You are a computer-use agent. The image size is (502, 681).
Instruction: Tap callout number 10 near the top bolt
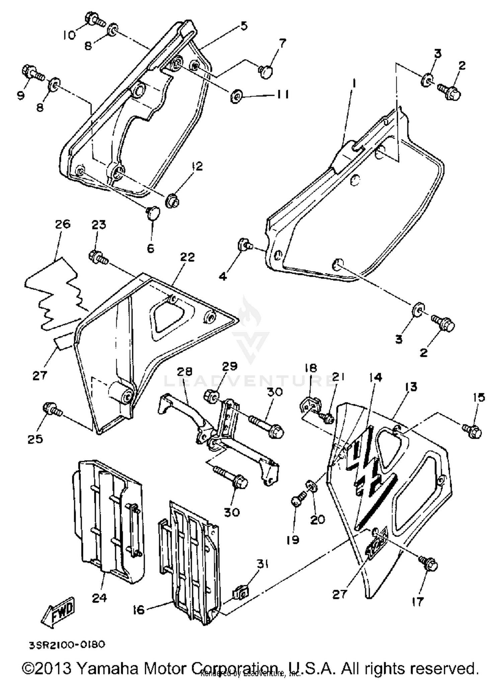click(x=70, y=35)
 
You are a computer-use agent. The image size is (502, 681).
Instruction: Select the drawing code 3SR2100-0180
click(x=67, y=645)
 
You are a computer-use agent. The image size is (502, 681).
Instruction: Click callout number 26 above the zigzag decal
click(x=62, y=224)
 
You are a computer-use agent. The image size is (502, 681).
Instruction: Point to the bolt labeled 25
click(x=52, y=409)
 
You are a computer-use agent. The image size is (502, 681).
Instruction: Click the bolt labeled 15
click(x=472, y=431)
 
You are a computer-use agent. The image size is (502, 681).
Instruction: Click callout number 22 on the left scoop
click(x=187, y=257)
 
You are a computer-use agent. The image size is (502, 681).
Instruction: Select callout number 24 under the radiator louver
click(x=99, y=597)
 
